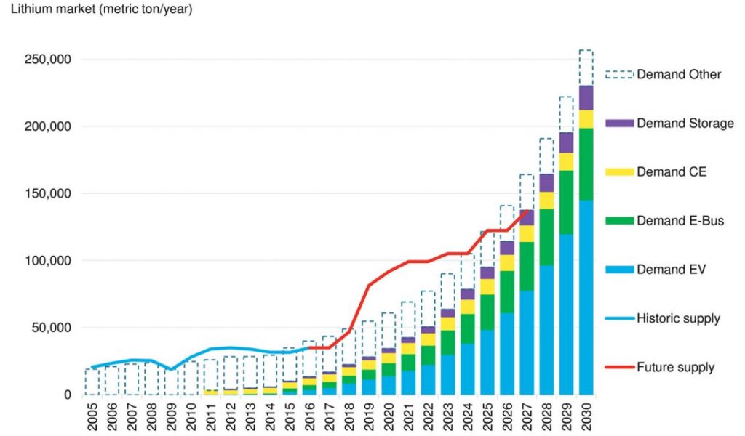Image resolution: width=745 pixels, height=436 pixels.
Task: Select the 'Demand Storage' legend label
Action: tap(685, 124)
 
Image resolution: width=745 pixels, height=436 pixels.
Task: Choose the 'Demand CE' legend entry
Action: tap(671, 172)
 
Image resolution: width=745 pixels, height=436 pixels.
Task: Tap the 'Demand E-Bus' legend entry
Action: tap(680, 221)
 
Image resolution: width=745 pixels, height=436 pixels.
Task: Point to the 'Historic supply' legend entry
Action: tap(678, 318)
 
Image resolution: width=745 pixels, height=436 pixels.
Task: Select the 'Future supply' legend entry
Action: tap(675, 367)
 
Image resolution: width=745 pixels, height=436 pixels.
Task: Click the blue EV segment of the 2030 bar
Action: tap(586, 298)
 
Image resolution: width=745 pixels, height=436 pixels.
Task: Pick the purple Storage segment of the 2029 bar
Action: tap(566, 142)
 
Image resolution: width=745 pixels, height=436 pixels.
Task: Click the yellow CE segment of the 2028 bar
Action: tap(546, 201)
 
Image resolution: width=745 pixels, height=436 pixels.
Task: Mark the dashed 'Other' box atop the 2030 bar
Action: tap(586, 68)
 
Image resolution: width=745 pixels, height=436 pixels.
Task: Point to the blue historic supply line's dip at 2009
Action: tap(171, 369)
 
